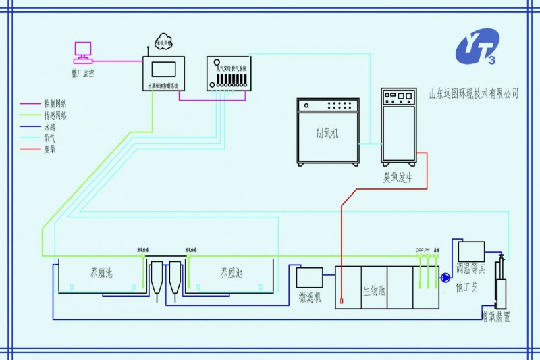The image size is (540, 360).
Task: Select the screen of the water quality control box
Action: tap(163, 68)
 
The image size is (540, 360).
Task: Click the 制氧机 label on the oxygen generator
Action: tap(327, 133)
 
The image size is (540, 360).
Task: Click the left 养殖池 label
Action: tap(101, 273)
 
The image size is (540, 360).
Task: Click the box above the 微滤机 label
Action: tap(310, 277)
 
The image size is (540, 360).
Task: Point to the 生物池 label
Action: tap(374, 290)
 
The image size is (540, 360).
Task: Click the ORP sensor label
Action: tap(419, 251)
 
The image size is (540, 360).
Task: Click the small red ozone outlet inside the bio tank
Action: tap(342, 301)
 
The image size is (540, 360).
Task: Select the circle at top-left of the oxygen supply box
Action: tap(217, 62)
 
